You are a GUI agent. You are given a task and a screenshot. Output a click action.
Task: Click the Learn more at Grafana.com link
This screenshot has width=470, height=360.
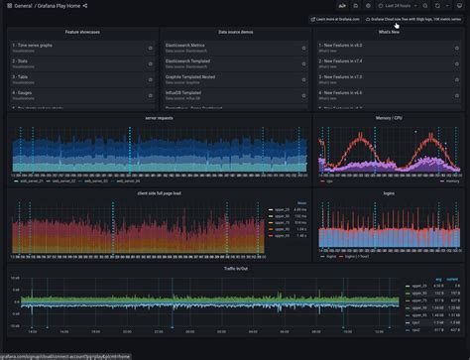coord(336,19)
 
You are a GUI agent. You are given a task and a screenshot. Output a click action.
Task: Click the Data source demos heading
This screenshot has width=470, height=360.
coord(235,32)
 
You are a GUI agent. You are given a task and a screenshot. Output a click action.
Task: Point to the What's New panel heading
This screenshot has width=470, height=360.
coord(389,32)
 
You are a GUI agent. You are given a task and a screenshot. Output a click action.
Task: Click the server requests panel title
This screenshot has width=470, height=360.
coord(158,117)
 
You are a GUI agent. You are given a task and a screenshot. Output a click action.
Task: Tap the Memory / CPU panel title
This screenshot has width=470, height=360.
coord(389,117)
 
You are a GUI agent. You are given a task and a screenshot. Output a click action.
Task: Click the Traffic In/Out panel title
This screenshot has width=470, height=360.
coord(235,268)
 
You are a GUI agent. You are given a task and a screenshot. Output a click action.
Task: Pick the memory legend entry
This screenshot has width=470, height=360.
coord(452,181)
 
